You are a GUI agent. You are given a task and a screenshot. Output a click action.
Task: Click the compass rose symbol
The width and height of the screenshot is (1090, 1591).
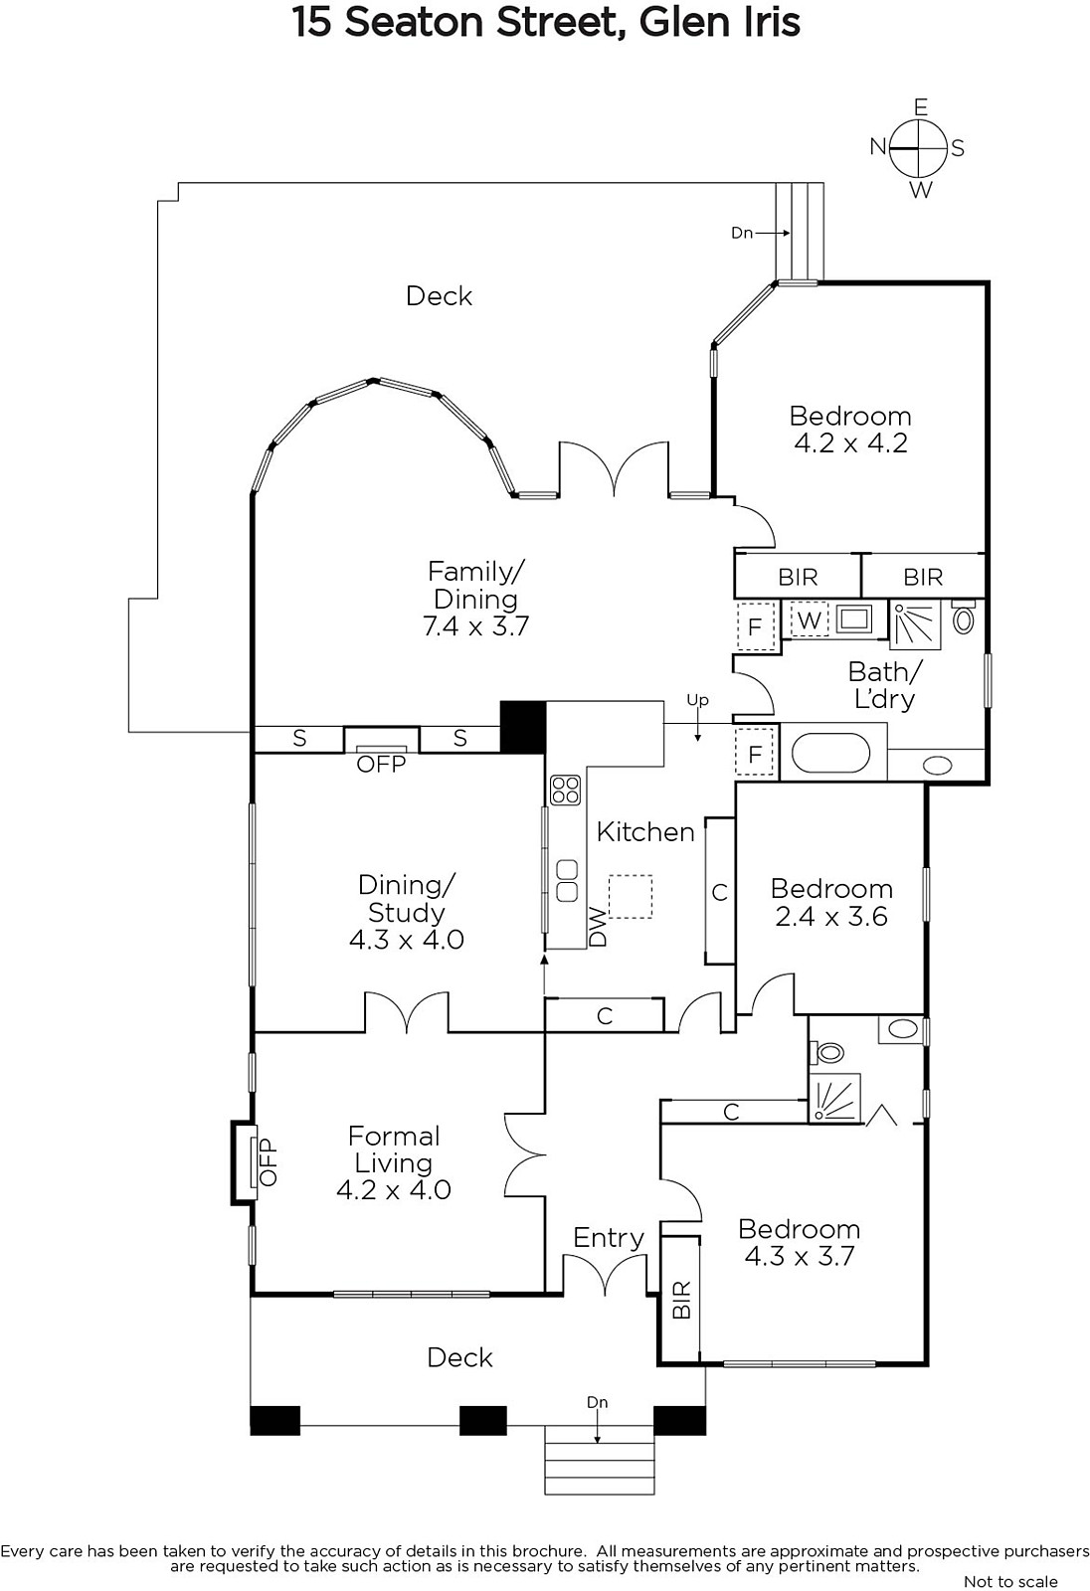(x=919, y=148)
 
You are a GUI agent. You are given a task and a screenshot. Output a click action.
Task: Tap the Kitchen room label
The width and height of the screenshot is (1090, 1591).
(x=645, y=831)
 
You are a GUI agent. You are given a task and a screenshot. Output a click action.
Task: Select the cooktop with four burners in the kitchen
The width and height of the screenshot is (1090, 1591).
(x=566, y=790)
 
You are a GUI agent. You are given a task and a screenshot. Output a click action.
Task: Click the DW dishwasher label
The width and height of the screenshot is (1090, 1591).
(x=599, y=927)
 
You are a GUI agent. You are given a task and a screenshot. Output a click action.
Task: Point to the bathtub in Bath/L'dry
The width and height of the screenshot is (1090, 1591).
(x=830, y=753)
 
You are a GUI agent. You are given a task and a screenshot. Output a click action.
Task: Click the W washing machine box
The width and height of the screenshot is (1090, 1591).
(x=810, y=620)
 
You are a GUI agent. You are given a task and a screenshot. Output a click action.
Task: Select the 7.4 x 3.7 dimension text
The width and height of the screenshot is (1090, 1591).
(x=475, y=626)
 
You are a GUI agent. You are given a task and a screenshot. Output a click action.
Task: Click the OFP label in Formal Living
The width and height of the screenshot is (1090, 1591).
(x=268, y=1161)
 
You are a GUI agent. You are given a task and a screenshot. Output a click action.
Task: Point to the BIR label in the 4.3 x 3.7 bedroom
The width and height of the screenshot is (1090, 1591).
(x=680, y=1300)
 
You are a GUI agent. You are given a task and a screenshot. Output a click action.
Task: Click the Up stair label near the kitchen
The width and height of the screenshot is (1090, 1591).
(x=697, y=701)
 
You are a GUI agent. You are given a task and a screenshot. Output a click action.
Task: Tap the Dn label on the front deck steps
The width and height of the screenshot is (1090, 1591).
(x=597, y=1402)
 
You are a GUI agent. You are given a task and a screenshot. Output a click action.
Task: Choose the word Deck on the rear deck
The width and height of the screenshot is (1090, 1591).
(x=439, y=296)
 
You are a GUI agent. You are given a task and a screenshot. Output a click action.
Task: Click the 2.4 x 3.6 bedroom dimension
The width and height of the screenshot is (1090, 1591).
(x=830, y=916)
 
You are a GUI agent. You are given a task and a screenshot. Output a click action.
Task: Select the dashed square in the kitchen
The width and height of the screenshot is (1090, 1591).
(x=631, y=896)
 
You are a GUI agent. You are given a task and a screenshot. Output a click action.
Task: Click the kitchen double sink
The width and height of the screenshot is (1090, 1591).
(x=566, y=881)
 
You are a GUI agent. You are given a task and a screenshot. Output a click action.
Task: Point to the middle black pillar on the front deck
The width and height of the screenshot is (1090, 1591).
(x=483, y=1421)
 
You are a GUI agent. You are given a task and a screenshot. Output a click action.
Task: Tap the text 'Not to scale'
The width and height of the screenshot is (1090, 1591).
(x=1010, y=1581)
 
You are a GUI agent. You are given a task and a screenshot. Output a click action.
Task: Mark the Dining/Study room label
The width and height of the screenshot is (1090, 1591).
(x=406, y=899)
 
